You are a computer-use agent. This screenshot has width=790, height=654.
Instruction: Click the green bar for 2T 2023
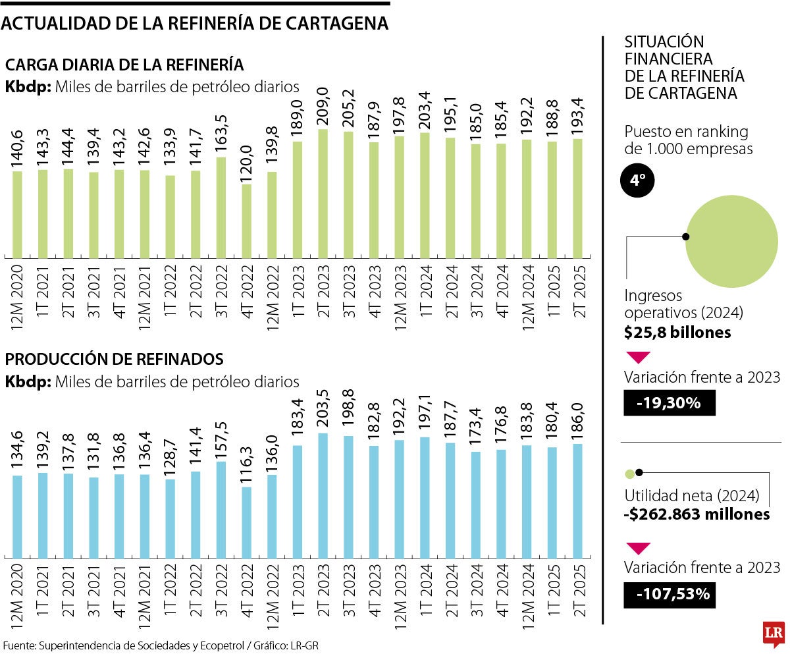point(323,193)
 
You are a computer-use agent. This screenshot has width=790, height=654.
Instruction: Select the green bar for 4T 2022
point(246,221)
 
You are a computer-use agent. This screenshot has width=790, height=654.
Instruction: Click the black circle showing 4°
point(637,181)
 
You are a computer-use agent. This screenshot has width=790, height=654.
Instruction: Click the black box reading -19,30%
point(670,403)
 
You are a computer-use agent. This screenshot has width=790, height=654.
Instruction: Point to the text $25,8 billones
point(677,333)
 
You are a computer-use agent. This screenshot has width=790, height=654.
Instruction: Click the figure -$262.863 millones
point(697,514)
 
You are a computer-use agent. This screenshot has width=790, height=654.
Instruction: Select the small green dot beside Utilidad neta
point(629,473)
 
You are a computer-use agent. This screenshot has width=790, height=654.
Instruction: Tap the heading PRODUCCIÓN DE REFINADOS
point(114,360)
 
